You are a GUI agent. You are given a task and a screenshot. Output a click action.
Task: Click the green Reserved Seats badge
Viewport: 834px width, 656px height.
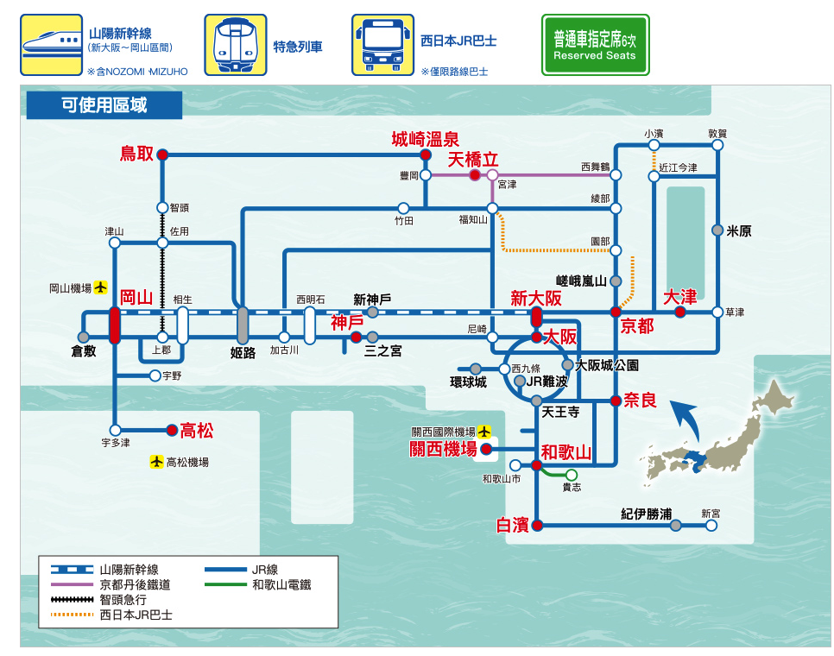pyautogui.click(x=594, y=45)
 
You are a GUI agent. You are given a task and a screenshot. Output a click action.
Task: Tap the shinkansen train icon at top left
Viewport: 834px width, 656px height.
pyautogui.click(x=51, y=45)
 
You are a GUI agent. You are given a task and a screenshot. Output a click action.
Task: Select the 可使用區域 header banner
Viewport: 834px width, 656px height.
pyautogui.click(x=104, y=105)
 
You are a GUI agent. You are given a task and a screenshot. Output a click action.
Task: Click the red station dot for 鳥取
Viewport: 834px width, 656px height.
pyautogui.click(x=162, y=155)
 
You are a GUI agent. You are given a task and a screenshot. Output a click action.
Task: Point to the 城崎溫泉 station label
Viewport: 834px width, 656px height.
pyautogui.click(x=425, y=139)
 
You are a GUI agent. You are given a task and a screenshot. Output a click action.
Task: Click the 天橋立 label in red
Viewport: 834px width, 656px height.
pyautogui.click(x=473, y=160)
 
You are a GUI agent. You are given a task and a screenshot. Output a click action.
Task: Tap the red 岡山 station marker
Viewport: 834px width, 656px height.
pyautogui.click(x=115, y=325)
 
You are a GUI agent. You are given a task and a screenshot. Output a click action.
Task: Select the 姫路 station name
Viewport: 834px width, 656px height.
pyautogui.click(x=243, y=352)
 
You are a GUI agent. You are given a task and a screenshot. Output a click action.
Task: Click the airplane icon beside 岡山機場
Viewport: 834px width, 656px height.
pyautogui.click(x=101, y=287)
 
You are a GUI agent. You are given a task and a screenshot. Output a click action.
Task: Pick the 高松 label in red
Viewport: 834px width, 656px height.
pyautogui.click(x=197, y=430)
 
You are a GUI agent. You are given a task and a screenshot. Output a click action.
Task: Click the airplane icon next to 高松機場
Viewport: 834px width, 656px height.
pyautogui.click(x=156, y=462)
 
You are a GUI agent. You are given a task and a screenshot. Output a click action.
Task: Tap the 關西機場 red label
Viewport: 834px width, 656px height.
pyautogui.click(x=443, y=449)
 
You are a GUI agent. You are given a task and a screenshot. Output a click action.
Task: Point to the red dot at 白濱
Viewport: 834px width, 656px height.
pyautogui.click(x=536, y=525)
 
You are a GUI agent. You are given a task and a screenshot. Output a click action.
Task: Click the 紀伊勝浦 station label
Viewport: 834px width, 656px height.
pyautogui.click(x=646, y=514)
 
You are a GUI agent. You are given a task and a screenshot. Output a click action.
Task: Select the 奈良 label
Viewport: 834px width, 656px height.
pyautogui.click(x=640, y=400)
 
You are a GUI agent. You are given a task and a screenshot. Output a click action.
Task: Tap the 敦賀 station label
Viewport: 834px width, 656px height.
pyautogui.click(x=717, y=133)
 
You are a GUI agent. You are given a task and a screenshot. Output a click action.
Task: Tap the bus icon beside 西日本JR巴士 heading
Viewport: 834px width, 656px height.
pyautogui.click(x=376, y=45)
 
